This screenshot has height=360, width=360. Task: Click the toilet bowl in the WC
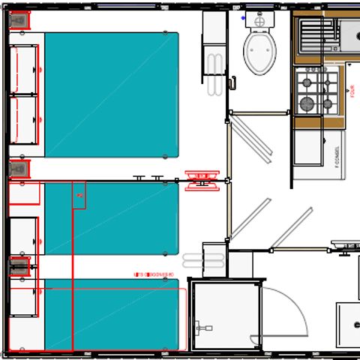pyautogui.click(x=259, y=52)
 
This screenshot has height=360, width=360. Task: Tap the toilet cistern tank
pyautogui.click(x=259, y=22)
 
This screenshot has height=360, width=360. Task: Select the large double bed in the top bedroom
pyautogui.click(x=112, y=94)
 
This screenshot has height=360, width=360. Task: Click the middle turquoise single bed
pyautogui.click(x=112, y=218)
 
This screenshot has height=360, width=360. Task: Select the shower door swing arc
pyautogui.click(x=289, y=315)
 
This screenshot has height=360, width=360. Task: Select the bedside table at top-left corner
pyautogui.click(x=19, y=22)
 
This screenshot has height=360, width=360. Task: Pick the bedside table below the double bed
pyautogui.click(x=19, y=169)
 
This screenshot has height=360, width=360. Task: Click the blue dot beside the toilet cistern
pyautogui.click(x=242, y=17)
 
